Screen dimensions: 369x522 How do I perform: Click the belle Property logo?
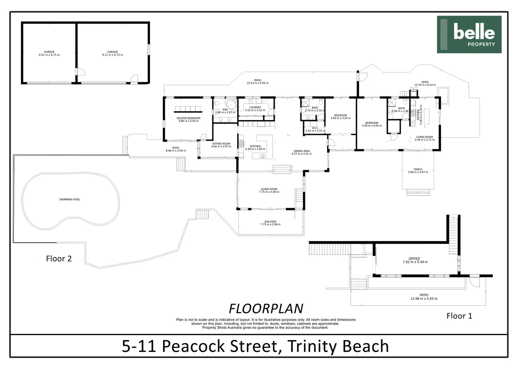point(469,35)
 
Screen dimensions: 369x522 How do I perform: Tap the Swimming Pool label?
point(70,200)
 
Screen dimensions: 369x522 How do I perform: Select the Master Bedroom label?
point(188,120)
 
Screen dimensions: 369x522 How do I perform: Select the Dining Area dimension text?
point(302,154)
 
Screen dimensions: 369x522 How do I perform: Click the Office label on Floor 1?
point(414,259)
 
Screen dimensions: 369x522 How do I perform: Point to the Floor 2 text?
point(59,259)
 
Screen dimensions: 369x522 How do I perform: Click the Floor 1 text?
point(459,316)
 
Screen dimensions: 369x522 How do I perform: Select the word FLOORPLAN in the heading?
point(266,309)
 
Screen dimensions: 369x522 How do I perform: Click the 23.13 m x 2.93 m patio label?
point(257,82)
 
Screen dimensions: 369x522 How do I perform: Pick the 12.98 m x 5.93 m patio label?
point(424,297)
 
